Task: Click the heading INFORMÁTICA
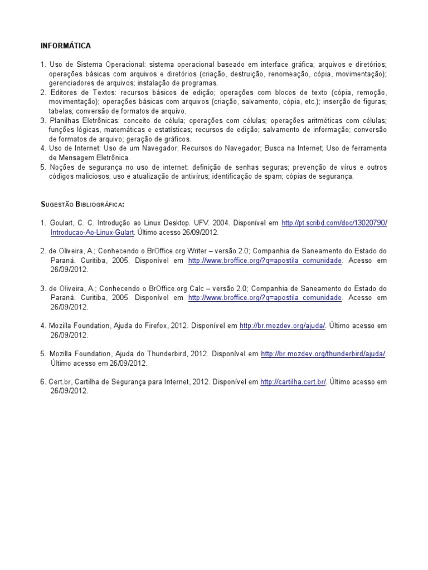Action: (66, 46)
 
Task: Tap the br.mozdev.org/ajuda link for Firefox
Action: (283, 326)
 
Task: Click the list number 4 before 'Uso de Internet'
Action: (42, 149)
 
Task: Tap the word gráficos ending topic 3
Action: (176, 139)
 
